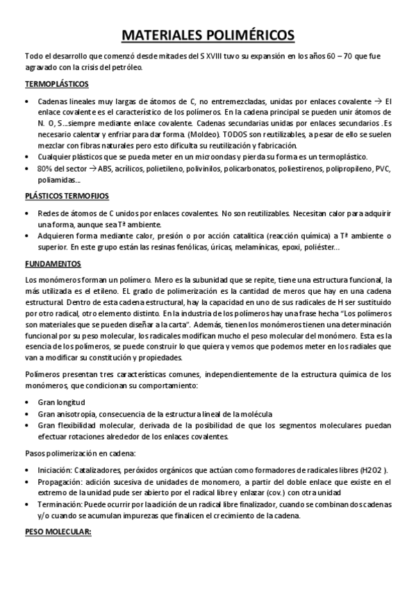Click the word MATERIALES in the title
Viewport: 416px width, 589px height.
tap(157, 35)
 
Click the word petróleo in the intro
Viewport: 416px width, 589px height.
tap(142, 67)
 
